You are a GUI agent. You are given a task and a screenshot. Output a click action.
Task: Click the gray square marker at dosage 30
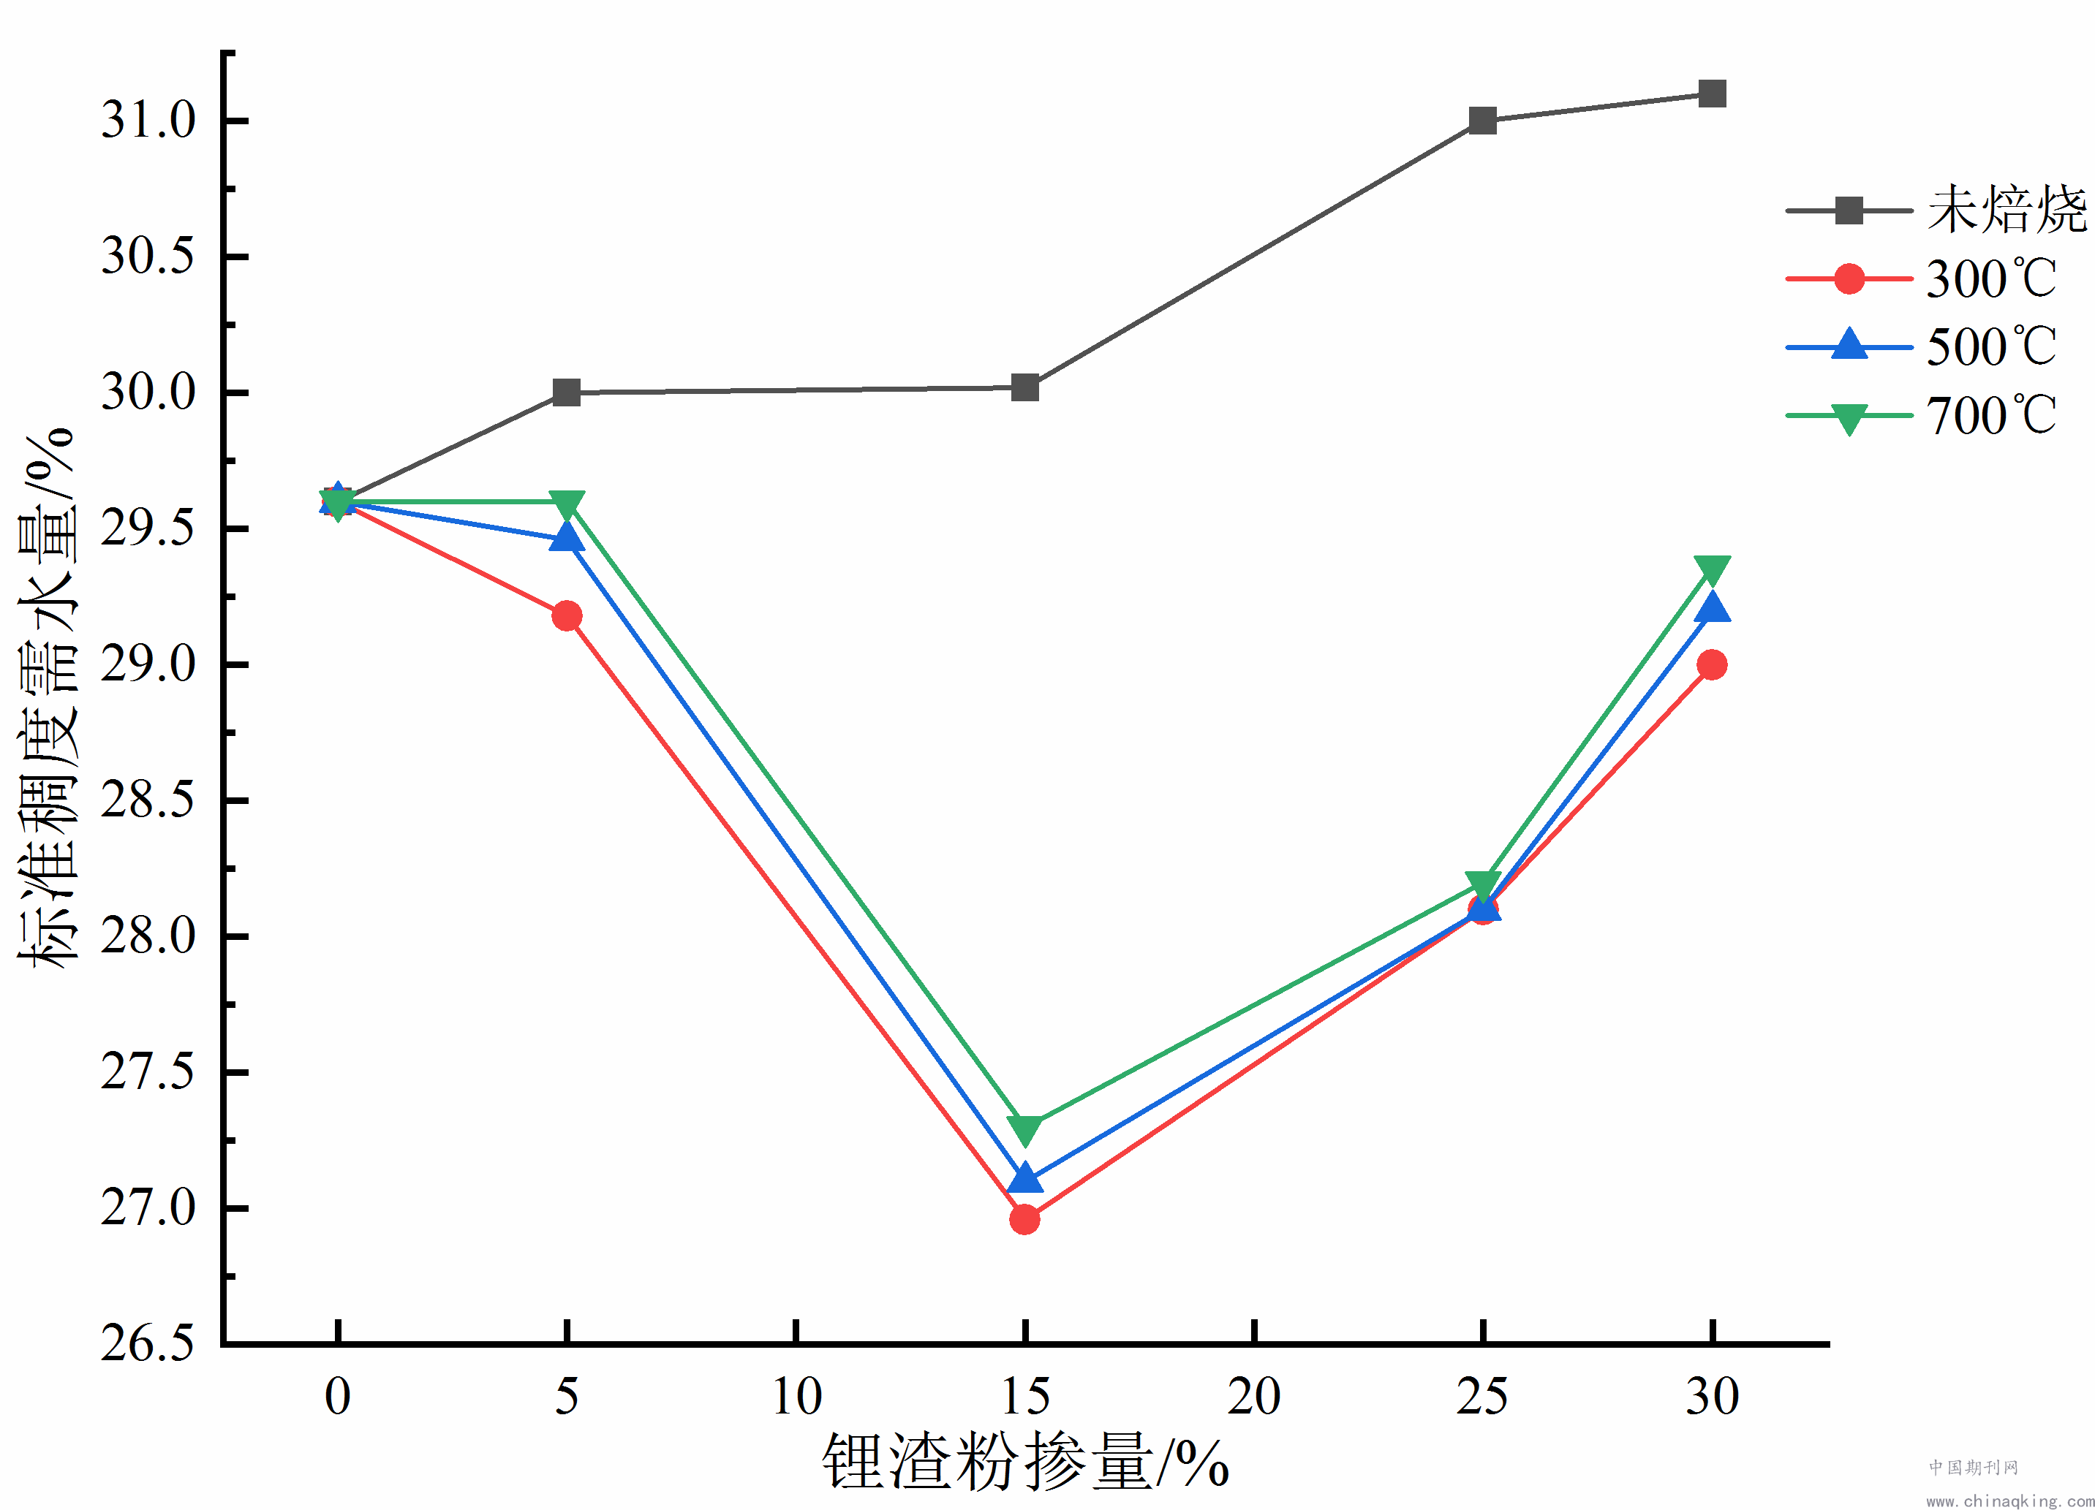coord(1712,94)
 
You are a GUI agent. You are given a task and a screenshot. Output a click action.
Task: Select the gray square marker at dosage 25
coord(1482,120)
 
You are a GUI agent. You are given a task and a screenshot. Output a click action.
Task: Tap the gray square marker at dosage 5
coord(566,392)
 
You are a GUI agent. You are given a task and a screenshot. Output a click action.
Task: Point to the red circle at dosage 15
coord(1024,1220)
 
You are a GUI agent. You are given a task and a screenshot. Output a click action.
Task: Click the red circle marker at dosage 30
coord(1712,665)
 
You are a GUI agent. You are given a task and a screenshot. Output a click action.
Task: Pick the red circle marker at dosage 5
coord(566,616)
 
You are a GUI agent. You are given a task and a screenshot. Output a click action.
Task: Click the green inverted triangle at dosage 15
coord(1024,1128)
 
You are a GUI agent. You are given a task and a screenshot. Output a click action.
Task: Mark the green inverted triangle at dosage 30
coord(1712,569)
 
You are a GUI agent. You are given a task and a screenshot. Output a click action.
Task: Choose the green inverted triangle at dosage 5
coord(566,504)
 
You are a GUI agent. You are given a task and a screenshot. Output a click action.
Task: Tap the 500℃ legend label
coord(1990,347)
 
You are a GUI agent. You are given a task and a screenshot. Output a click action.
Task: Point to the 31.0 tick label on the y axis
coord(148,120)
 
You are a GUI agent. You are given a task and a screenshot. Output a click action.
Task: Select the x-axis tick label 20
coord(1253,1397)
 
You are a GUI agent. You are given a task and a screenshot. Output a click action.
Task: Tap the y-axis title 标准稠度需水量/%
coord(46,697)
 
